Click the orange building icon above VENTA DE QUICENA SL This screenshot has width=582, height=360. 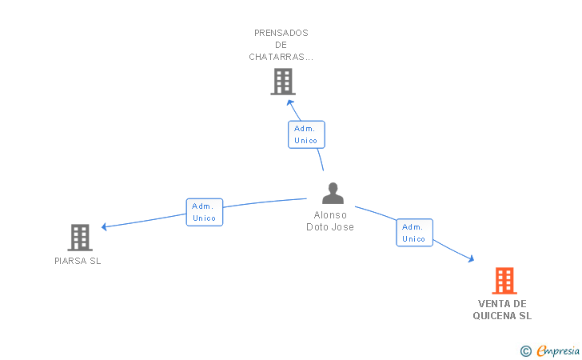(504, 281)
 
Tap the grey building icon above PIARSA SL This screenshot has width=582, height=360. (79, 238)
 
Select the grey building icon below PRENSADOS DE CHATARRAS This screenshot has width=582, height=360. (282, 82)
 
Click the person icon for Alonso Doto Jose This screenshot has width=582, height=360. (333, 194)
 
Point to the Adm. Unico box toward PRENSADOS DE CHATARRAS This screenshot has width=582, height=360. (306, 134)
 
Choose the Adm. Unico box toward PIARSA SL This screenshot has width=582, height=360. (204, 212)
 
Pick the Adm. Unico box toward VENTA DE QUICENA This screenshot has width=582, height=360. (414, 233)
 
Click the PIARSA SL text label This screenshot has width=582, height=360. (78, 261)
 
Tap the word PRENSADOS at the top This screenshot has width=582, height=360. (281, 33)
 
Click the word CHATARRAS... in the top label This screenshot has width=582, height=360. (281, 57)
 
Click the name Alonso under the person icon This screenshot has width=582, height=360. (330, 215)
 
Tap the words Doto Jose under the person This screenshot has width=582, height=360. (330, 227)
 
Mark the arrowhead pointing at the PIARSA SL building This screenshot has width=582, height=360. (105, 226)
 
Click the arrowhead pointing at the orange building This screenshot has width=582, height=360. (471, 258)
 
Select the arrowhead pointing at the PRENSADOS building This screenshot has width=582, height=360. (291, 102)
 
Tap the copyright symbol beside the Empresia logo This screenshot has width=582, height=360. (525, 350)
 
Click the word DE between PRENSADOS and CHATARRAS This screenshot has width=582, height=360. (281, 45)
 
